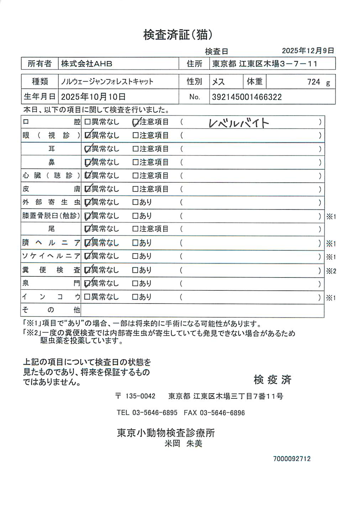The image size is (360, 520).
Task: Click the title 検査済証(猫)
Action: pos(178,35)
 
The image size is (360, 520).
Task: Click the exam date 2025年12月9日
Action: pos(308,51)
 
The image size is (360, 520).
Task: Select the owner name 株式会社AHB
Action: pos(87,64)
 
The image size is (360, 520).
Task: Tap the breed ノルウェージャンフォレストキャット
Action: pos(107,82)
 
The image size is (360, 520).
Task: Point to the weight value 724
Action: pos(314,82)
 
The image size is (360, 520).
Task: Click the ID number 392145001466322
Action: pos(247,97)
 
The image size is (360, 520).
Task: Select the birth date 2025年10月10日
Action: pos(93,97)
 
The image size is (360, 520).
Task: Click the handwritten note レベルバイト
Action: pos(239,123)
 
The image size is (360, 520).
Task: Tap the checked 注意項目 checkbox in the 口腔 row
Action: pos(136,122)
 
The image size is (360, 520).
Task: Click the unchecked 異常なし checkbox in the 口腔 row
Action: pos(87,122)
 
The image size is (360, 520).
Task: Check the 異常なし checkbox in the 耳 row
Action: pos(87,149)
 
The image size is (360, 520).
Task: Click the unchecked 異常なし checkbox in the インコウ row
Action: pos(87,297)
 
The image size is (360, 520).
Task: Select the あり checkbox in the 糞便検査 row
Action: pos(135,270)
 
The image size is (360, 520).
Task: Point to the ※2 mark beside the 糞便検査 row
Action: pos(331,271)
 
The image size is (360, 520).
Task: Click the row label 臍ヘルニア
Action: pos(51,243)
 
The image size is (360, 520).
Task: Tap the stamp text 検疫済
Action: pos(272,380)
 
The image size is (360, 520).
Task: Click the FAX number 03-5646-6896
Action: pos(222,413)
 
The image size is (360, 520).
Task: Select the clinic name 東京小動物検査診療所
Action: pos(166,433)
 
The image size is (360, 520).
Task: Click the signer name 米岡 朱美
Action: pos(183,443)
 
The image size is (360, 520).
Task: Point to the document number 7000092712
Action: pos(292,459)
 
